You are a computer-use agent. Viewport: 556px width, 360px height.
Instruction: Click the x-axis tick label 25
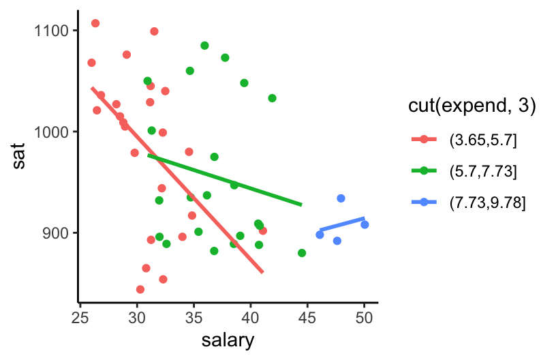(81, 316)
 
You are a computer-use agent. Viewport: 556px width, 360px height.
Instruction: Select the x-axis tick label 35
(194, 316)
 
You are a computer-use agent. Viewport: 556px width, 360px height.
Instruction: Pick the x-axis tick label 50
(364, 316)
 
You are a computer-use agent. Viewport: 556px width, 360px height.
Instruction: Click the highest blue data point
(341, 198)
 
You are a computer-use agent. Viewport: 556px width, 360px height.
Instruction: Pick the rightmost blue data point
(365, 224)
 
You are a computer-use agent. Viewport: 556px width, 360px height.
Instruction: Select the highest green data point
(204, 46)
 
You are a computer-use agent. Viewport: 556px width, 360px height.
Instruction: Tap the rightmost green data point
(302, 253)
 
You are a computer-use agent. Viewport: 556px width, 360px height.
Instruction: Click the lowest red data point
(140, 289)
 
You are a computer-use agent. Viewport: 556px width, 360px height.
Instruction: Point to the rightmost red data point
(263, 230)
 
